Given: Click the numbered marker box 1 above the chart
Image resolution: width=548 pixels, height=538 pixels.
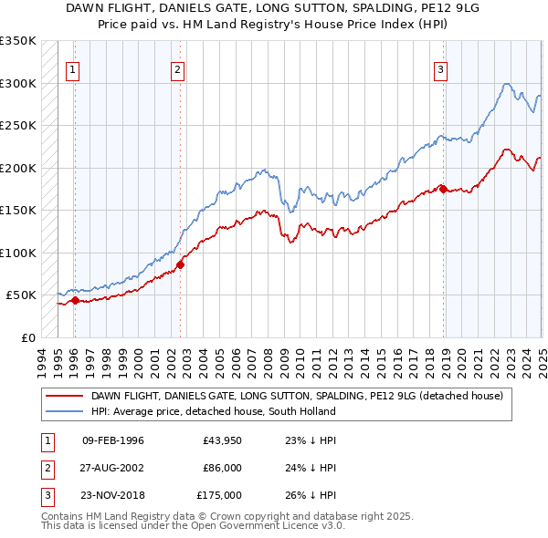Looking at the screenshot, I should pos(72,67).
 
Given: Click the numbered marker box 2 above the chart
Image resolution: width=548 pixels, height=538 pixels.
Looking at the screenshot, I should pos(177,67).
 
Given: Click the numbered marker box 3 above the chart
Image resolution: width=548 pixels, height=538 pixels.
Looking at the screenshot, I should pos(440,67).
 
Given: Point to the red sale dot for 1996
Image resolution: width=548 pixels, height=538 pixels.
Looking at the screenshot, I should pos(75,300).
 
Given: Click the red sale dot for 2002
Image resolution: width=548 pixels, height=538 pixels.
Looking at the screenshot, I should pos(180,264).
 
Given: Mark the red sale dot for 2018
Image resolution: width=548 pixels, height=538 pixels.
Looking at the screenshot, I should pos(443,189).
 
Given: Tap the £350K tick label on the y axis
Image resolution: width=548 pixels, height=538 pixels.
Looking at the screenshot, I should pos(18,41).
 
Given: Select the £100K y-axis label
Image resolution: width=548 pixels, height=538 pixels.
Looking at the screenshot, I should pos(18,253).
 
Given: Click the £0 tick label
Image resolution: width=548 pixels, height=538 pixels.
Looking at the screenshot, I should pos(27,337).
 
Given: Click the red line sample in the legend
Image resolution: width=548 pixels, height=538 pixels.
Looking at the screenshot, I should pos(63,396).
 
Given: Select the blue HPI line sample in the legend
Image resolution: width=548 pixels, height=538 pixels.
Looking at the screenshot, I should pos(63,411).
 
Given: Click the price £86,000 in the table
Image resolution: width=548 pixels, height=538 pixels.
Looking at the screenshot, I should pos(223,468).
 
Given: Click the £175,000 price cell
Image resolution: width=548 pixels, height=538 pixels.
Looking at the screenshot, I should pos(220,495).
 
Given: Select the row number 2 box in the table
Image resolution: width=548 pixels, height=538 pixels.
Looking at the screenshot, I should pos(45,468).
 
